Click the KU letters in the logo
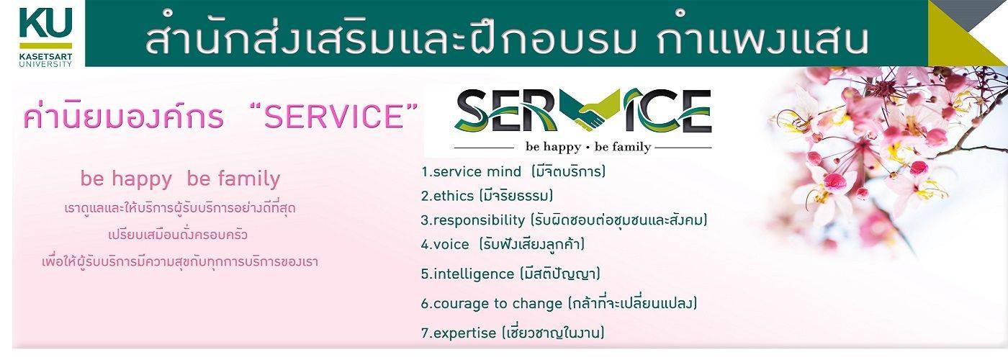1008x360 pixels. click(45, 22)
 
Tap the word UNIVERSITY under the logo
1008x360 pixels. click(45, 64)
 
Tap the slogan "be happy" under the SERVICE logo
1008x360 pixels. click(553, 147)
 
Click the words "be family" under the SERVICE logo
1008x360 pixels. click(622, 147)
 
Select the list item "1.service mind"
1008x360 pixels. click(471, 171)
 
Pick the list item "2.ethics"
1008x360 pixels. click(448, 196)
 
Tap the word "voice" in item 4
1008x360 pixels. click(451, 244)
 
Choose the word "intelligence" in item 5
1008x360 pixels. click(474, 274)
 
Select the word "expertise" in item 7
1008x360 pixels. click(465, 333)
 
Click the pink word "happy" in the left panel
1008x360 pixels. click(142, 179)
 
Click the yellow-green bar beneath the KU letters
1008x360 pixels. click(45, 45)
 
